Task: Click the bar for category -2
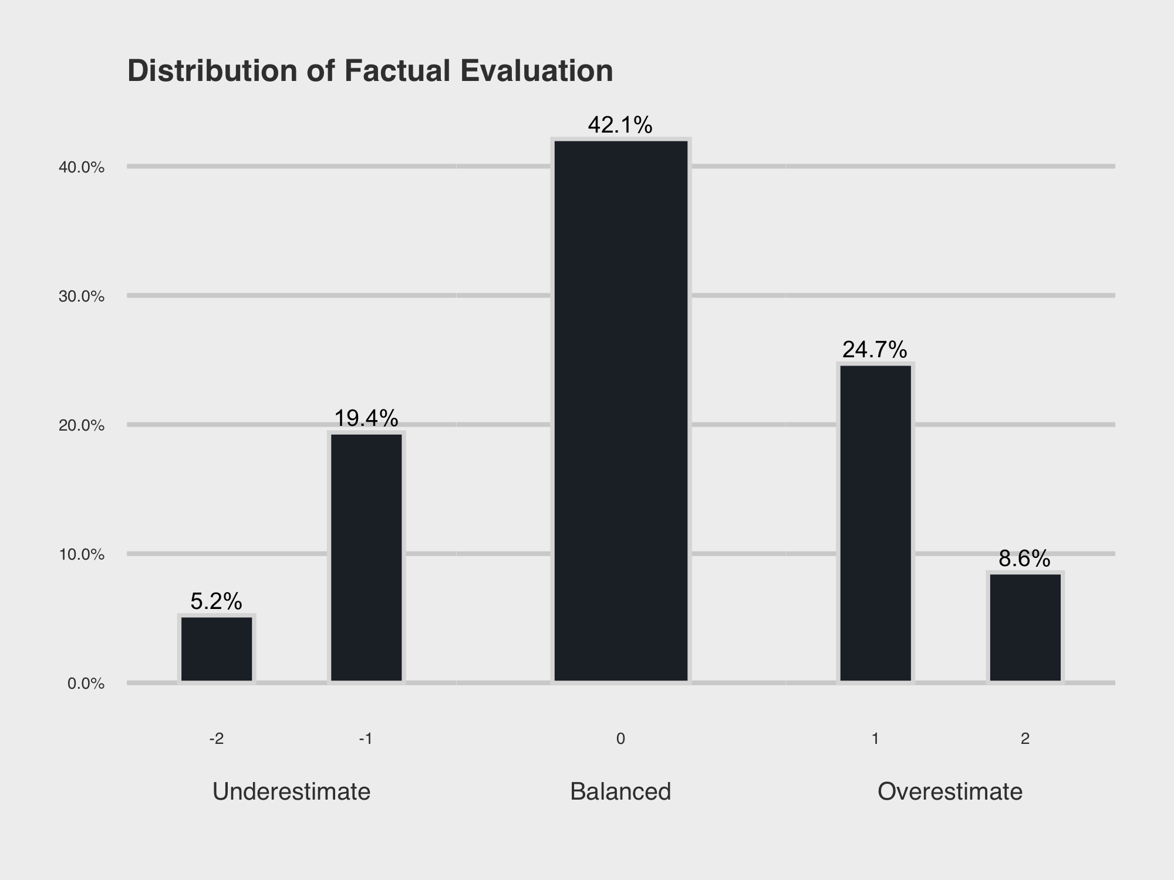point(217,649)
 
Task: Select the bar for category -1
point(366,557)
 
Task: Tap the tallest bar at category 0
point(621,411)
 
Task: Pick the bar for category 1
point(875,523)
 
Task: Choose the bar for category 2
point(1025,627)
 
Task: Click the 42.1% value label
point(620,125)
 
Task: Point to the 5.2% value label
point(216,601)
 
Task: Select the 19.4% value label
point(366,418)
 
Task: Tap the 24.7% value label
point(875,350)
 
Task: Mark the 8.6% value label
point(1024,559)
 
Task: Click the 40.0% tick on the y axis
point(82,168)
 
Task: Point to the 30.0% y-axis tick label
point(82,297)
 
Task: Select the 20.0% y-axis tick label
point(82,426)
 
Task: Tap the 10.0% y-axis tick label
point(82,555)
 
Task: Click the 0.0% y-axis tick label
point(86,684)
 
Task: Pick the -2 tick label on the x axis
point(217,739)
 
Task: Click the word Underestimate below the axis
point(291,792)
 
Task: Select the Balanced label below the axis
point(620,792)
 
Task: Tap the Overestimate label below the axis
point(950,792)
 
